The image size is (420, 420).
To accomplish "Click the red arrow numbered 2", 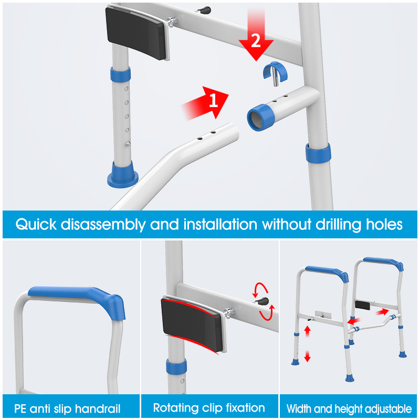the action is click(256, 35).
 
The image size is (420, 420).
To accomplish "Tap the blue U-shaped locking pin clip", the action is click(275, 72).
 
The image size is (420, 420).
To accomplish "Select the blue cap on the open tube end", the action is click(260, 117).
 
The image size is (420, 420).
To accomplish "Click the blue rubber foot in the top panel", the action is click(123, 175).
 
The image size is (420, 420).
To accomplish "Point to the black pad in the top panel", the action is click(137, 32).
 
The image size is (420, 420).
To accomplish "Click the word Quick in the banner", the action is click(36, 225).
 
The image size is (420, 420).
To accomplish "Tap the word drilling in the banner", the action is click(338, 225).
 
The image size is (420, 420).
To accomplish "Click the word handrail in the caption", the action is click(98, 409).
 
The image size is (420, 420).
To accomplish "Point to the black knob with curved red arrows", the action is click(262, 301).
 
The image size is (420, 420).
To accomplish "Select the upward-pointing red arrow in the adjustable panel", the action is click(307, 331).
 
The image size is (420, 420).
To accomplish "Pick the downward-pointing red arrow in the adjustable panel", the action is click(307, 356).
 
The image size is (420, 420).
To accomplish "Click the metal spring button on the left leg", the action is click(128, 144).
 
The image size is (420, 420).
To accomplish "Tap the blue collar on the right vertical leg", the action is click(318, 153).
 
